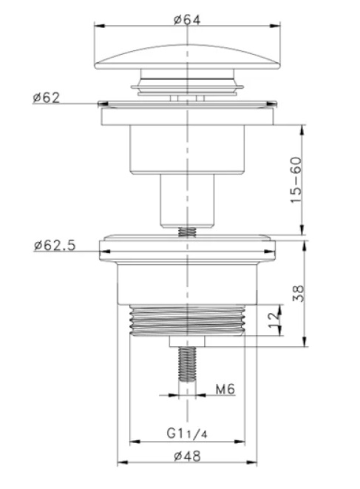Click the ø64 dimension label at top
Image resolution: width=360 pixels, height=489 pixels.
(189, 19)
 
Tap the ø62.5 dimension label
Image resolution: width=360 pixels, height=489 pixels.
(54, 246)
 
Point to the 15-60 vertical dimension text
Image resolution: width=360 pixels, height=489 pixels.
(296, 180)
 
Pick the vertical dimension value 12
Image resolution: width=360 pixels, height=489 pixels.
(274, 320)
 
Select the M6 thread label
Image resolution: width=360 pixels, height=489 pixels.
(225, 388)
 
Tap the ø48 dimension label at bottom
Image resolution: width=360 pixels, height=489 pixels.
(189, 456)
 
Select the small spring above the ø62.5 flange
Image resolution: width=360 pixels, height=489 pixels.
(189, 232)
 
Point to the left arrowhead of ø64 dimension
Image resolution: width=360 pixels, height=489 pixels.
(98, 27)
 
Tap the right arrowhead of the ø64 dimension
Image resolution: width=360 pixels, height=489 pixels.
(281, 27)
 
